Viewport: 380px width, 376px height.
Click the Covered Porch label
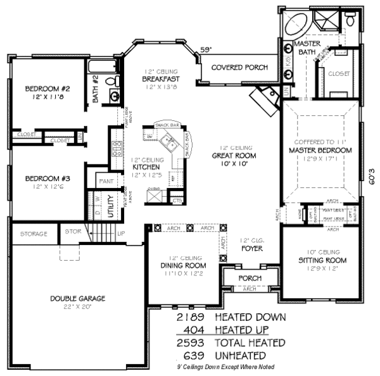click(x=239, y=67)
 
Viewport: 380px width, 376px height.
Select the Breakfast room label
click(x=161, y=79)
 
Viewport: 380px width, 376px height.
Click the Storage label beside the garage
click(x=34, y=234)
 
